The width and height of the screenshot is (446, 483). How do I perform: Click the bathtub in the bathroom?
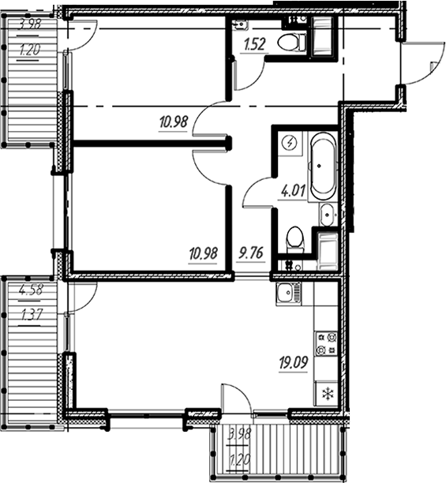[x=322, y=167]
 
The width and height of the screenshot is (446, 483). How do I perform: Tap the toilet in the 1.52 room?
[x=292, y=41]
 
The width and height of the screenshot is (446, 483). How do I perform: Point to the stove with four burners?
[x=326, y=343]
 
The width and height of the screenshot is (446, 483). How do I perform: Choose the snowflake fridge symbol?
[x=325, y=392]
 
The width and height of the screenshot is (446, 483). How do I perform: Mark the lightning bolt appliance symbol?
[x=290, y=144]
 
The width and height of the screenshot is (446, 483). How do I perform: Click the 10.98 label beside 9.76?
[x=203, y=254]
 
